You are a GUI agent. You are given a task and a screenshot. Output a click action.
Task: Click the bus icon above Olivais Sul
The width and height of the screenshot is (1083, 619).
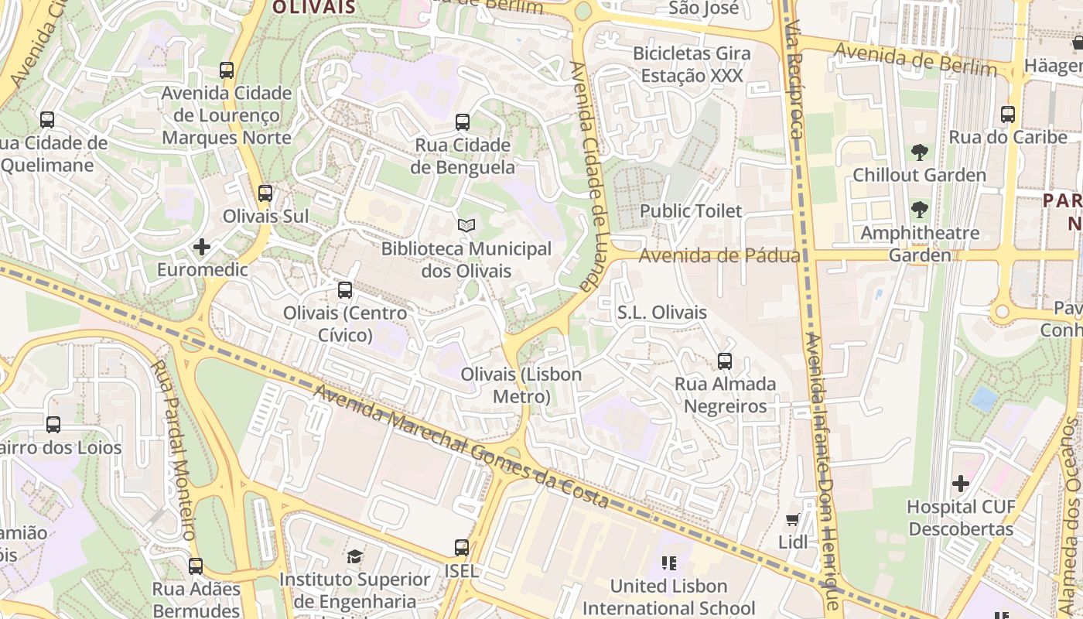265,193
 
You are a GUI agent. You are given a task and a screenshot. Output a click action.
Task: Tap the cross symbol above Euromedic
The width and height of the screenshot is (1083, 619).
202,247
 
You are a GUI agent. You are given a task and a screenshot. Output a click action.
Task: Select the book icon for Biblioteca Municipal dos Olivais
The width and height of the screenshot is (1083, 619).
466,225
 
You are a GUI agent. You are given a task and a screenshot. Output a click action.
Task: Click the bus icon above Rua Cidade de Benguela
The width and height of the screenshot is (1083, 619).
462,121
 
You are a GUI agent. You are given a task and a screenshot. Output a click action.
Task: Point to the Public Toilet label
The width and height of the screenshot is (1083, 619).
690,210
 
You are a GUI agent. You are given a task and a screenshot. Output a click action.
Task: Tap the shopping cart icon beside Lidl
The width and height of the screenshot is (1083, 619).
792,519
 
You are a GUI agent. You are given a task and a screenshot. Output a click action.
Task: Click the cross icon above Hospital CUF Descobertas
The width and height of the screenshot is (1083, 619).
960,484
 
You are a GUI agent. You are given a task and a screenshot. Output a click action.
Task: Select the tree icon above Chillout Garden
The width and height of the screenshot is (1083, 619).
919,152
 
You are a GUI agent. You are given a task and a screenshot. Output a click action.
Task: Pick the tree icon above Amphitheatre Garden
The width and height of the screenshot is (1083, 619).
919,210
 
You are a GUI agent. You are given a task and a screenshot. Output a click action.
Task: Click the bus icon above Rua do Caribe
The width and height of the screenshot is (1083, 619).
1008,115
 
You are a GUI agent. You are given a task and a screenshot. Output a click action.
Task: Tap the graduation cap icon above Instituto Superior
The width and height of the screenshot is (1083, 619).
354,556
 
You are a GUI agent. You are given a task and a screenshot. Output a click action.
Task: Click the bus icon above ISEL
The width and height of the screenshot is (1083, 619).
462,548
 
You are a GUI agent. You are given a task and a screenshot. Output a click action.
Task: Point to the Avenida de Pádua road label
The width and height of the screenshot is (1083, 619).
719,255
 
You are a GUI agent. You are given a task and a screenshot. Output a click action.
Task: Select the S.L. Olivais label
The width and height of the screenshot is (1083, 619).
661,313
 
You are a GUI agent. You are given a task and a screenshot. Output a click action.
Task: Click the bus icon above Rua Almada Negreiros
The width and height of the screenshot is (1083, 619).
725,361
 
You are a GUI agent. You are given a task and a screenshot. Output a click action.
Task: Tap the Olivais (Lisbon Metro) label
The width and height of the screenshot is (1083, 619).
521,385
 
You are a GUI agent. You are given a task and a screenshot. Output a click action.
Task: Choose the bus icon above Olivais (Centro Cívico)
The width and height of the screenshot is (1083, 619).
345,290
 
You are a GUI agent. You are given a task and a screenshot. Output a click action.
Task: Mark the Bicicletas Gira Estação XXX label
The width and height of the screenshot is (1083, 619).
692,64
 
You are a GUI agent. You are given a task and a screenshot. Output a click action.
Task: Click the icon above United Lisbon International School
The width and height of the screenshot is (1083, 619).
669,563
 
